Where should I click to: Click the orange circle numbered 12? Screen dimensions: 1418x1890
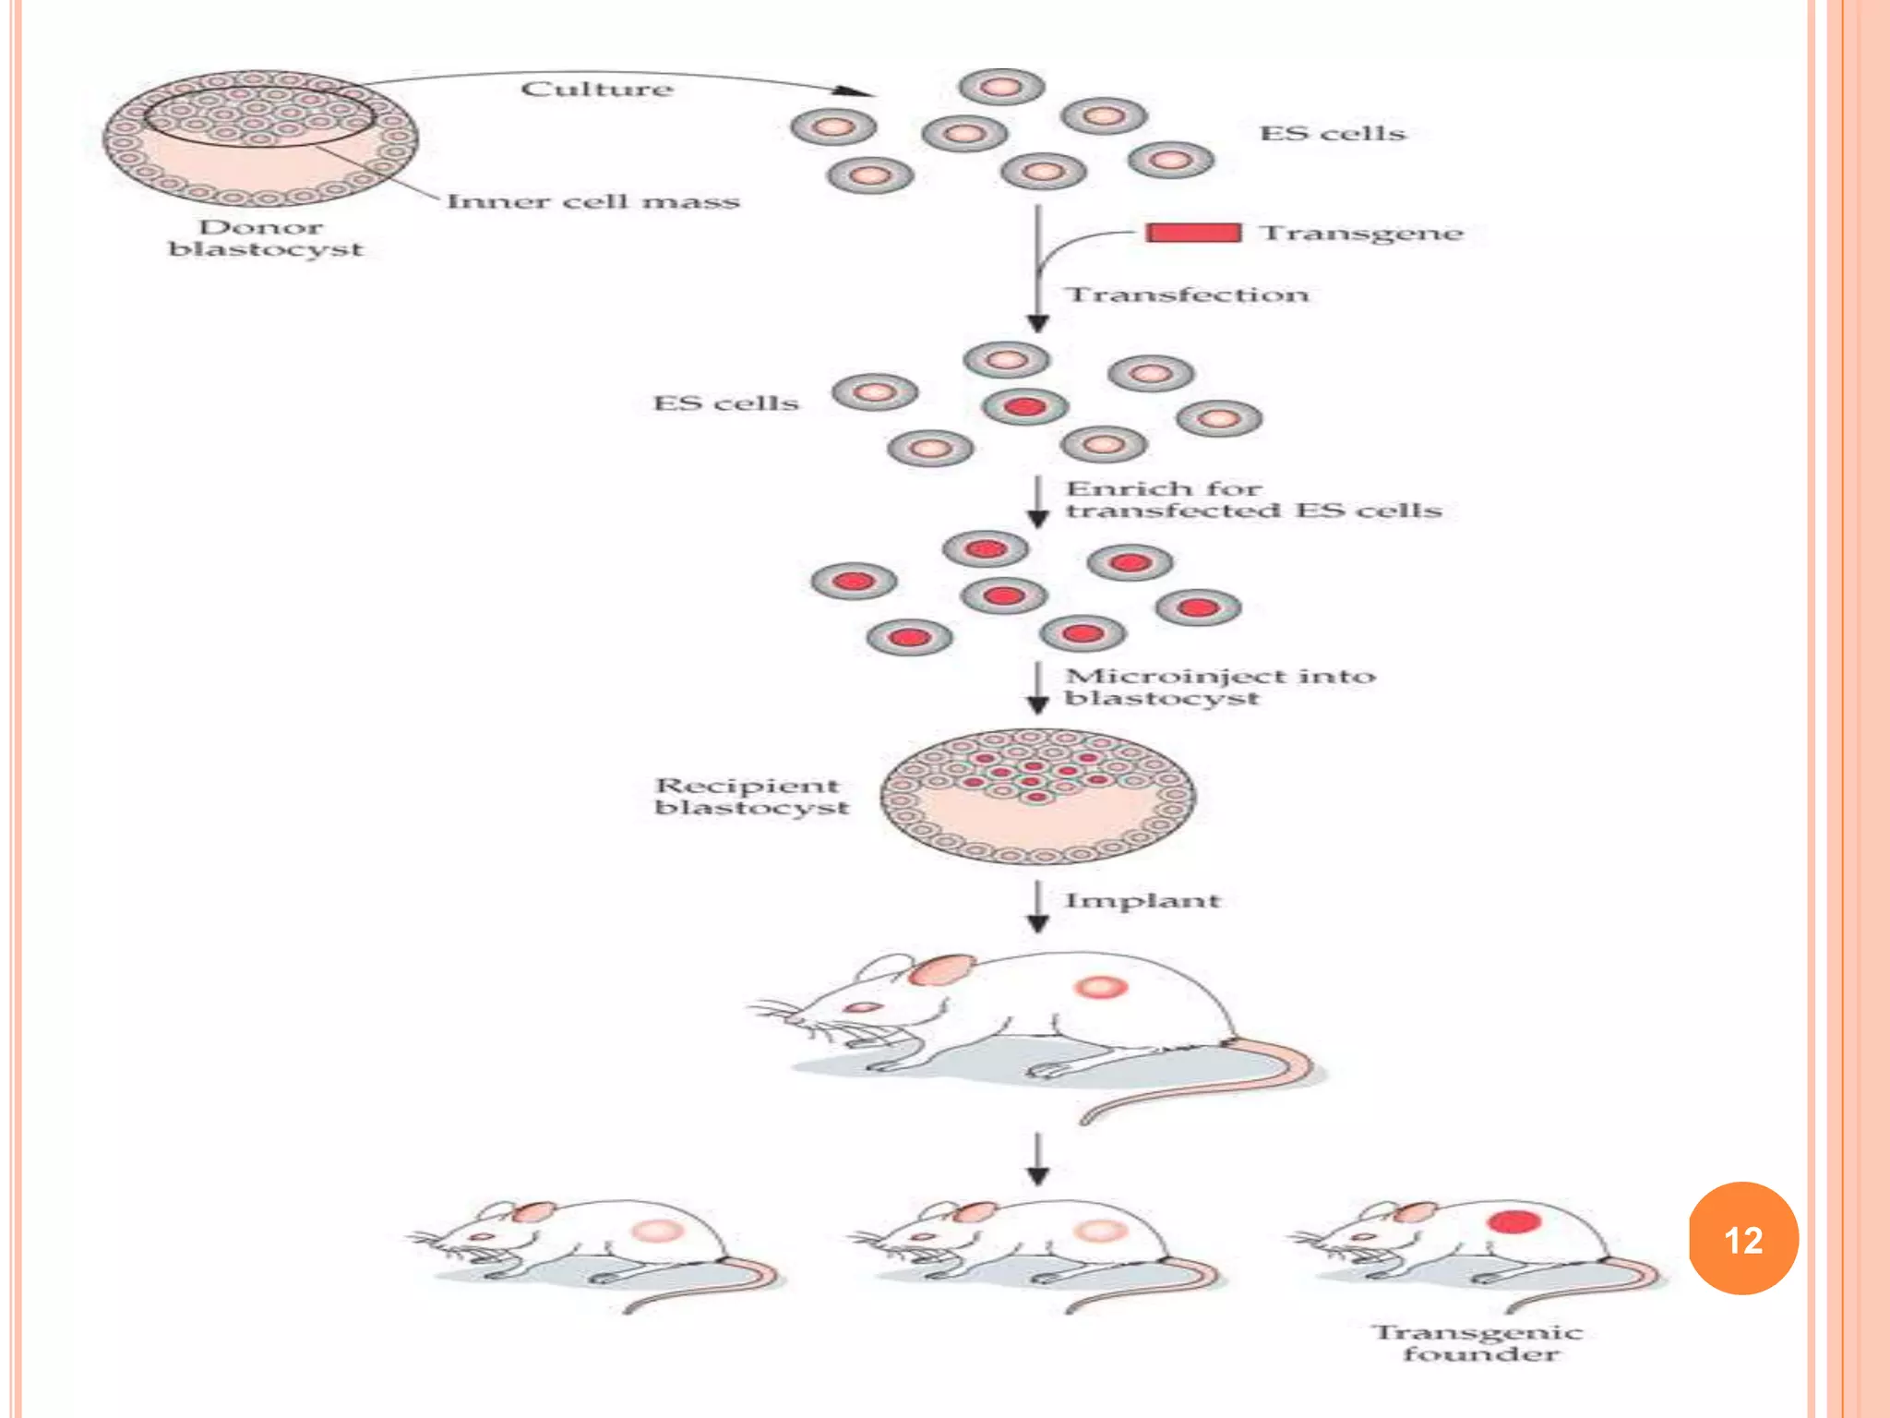pyautogui.click(x=1742, y=1238)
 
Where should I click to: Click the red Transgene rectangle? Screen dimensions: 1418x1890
pyautogui.click(x=1192, y=232)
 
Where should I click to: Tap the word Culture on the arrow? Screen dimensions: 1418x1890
pyautogui.click(x=597, y=89)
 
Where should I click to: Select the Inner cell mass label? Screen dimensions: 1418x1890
pyautogui.click(x=593, y=201)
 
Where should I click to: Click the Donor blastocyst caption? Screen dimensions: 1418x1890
pyautogui.click(x=265, y=238)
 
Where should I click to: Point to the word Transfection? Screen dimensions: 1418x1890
pyautogui.click(x=1188, y=294)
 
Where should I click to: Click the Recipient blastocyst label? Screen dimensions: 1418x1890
pyautogui.click(x=751, y=796)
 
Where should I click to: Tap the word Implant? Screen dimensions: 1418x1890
pyautogui.click(x=1142, y=900)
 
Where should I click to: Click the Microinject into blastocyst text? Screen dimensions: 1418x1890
pyautogui.click(x=1218, y=687)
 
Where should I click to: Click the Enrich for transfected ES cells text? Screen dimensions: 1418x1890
pyautogui.click(x=1252, y=499)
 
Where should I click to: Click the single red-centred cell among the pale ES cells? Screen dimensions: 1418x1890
pyautogui.click(x=1024, y=407)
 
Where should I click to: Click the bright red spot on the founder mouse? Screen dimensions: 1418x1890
pyautogui.click(x=1513, y=1222)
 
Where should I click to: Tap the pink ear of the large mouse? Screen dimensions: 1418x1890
pyautogui.click(x=941, y=969)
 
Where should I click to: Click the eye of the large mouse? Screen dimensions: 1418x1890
pyautogui.click(x=862, y=1007)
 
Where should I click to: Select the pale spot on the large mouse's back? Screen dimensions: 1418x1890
pyautogui.click(x=1100, y=988)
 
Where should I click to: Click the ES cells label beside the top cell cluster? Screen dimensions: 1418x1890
pyautogui.click(x=1332, y=134)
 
